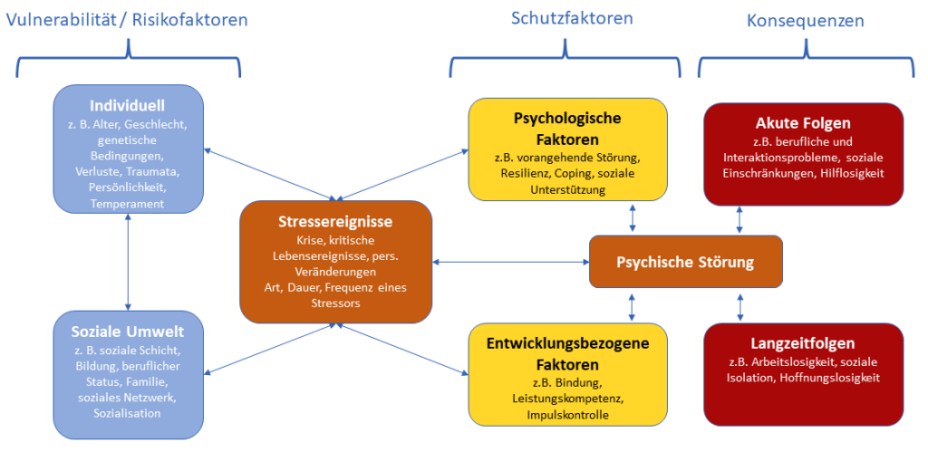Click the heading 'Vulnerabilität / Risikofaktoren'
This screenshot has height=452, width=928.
point(127,19)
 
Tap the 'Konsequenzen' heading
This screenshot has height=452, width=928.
point(805,20)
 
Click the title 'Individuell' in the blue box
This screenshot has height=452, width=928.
point(128,105)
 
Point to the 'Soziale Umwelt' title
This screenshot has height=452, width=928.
point(128,332)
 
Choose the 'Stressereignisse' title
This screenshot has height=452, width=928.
point(335,221)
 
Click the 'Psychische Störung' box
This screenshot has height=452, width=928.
point(685,263)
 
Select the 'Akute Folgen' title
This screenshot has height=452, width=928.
point(803,123)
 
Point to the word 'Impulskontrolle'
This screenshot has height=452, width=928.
point(567,415)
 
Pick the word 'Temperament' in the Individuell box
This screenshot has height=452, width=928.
point(128,204)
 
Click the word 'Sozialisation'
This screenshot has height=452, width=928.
point(128,413)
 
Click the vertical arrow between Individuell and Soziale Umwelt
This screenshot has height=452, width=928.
point(128,263)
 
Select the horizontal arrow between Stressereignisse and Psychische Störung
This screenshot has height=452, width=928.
point(510,263)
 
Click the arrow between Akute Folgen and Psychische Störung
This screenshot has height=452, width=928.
point(740,218)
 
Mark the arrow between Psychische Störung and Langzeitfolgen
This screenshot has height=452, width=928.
point(740,306)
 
